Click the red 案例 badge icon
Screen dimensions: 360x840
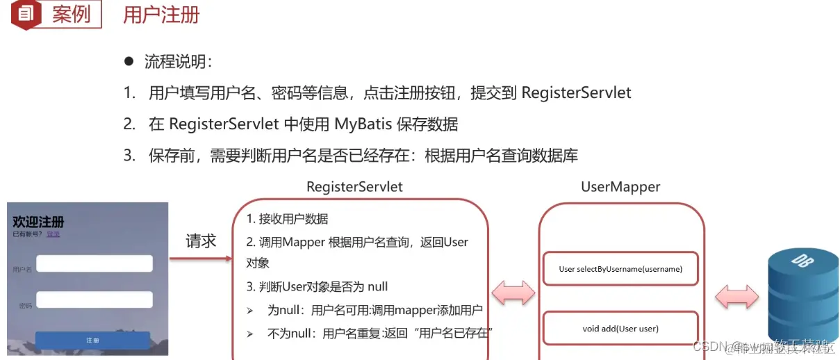pyautogui.click(x=24, y=15)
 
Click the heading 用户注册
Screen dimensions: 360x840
pyautogui.click(x=161, y=15)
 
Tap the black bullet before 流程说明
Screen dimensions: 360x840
pyautogui.click(x=129, y=61)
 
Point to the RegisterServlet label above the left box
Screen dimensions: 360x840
pyautogui.click(x=354, y=187)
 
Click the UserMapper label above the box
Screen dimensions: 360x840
pyautogui.click(x=620, y=187)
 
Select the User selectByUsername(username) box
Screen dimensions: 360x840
pyautogui.click(x=620, y=269)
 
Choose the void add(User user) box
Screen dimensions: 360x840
pyautogui.click(x=620, y=329)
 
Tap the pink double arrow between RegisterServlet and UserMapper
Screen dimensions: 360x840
pyautogui.click(x=513, y=293)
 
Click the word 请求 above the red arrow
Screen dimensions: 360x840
pyautogui.click(x=201, y=241)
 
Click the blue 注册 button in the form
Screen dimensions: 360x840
pyautogui.click(x=92, y=341)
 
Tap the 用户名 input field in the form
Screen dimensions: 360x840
pyautogui.click(x=94, y=264)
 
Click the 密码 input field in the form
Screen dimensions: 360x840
pyautogui.click(x=94, y=300)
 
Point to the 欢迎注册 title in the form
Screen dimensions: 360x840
pyautogui.click(x=38, y=222)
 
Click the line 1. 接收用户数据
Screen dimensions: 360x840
pyautogui.click(x=287, y=219)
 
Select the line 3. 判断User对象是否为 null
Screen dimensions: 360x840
pyautogui.click(x=317, y=287)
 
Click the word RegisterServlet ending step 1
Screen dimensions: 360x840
pyautogui.click(x=576, y=93)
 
